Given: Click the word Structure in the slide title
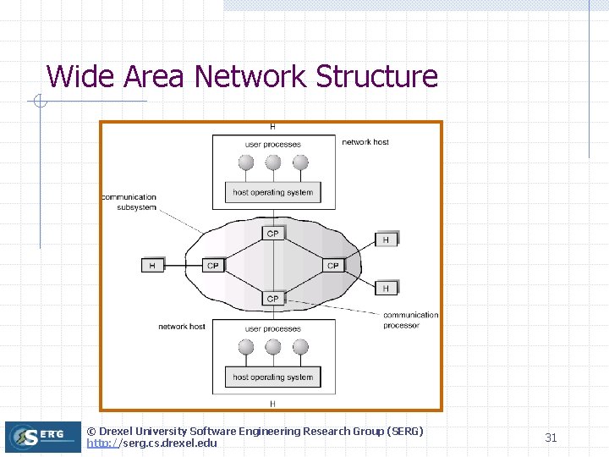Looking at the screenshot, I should click(x=376, y=76).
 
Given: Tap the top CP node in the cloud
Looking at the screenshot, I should click(x=272, y=234).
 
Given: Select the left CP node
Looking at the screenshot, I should click(x=212, y=266).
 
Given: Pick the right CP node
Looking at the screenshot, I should click(x=332, y=266).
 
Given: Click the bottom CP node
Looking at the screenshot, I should click(x=272, y=299).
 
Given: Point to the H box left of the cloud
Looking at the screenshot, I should click(x=152, y=266).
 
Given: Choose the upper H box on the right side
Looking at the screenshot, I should click(x=386, y=240).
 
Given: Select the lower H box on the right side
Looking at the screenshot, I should click(x=386, y=289).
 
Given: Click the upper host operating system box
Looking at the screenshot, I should click(x=272, y=193).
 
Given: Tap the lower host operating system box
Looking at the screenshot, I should click(x=272, y=377).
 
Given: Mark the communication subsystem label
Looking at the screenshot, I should click(x=129, y=202).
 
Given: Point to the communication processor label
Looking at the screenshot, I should click(x=410, y=320).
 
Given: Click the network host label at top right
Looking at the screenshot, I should click(x=365, y=142).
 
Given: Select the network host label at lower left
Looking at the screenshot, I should click(x=182, y=327).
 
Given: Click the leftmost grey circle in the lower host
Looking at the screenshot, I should click(x=246, y=347).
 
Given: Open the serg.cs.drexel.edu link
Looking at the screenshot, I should click(x=152, y=443).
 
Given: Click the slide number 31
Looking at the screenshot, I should click(x=551, y=438).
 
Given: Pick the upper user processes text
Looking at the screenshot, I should click(x=272, y=145).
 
